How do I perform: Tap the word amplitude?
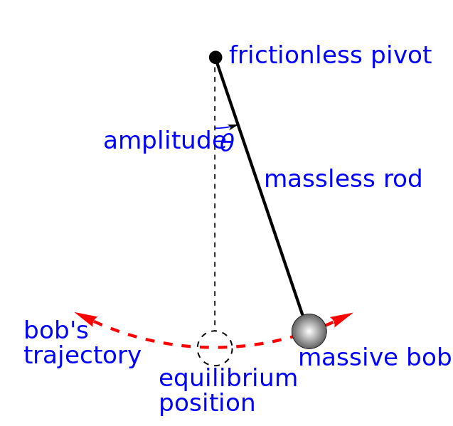[158, 142]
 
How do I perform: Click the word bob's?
[56, 331]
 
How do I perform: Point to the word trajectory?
[82, 356]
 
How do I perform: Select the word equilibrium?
[228, 379]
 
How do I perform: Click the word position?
[207, 404]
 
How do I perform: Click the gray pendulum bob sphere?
[309, 331]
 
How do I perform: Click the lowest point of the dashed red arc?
[206, 348]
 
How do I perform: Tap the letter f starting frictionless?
[233, 55]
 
